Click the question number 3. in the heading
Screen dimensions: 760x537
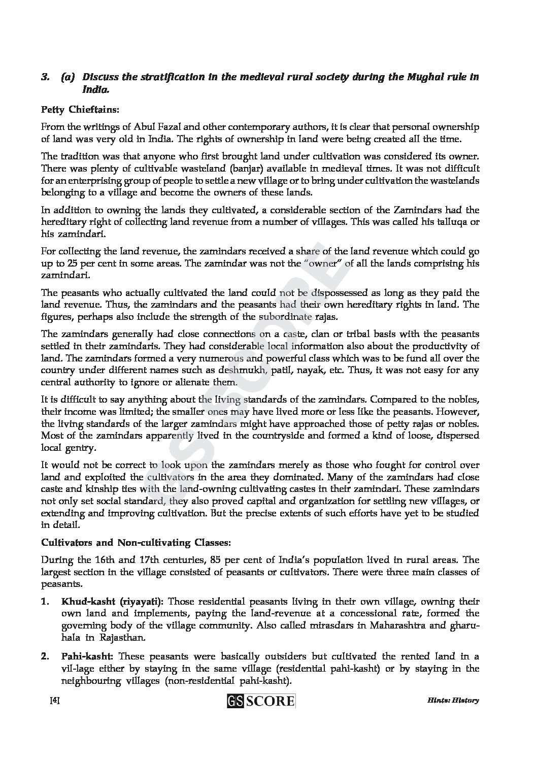point(45,78)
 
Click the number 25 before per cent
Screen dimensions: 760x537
point(71,263)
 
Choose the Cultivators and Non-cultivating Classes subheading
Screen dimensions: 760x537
point(136,542)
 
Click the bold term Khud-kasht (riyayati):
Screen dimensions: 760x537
point(112,602)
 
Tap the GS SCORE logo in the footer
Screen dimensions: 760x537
point(261,701)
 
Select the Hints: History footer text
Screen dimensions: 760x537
point(453,701)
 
